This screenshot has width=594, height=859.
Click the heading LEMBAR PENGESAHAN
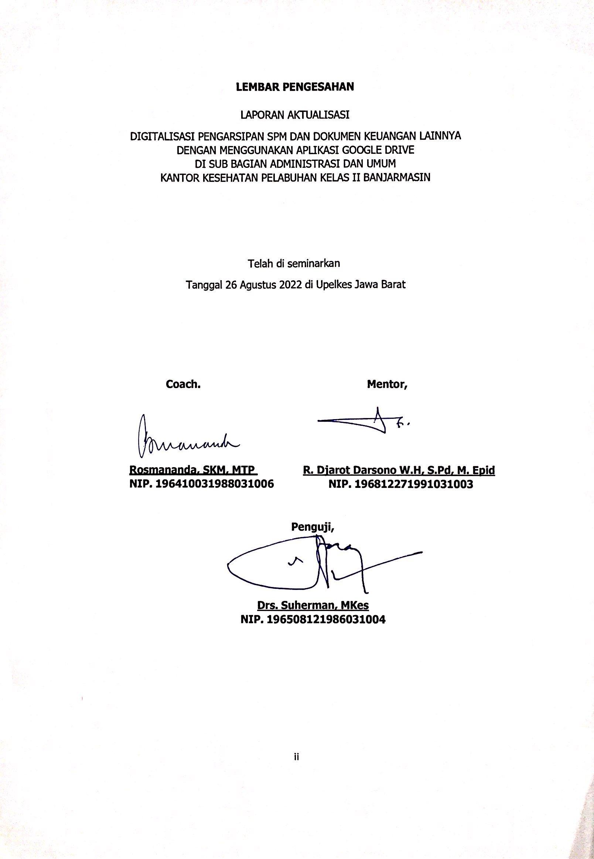295,87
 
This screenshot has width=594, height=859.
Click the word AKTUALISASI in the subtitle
318,115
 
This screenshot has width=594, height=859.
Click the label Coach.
183,384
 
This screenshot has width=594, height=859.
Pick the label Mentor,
387,384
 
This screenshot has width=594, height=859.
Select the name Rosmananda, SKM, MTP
193,470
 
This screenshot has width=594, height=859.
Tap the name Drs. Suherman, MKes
313,605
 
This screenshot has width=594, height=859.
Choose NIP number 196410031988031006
201,484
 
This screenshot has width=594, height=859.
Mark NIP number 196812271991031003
400,484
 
